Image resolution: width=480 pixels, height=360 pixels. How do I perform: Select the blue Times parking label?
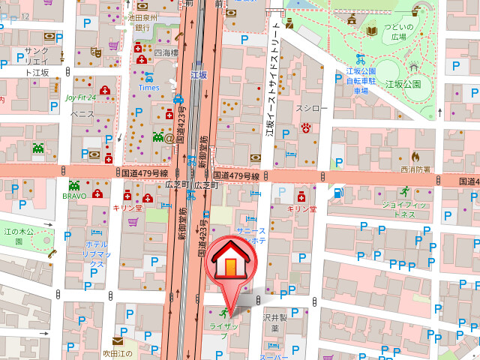point(148,87)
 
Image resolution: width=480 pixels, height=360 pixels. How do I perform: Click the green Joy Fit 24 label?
point(80,97)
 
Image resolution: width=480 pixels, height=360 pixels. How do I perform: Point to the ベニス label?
point(82,114)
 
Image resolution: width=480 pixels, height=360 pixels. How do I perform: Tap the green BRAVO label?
point(74,195)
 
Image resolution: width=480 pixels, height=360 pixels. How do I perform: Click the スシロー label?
point(312,109)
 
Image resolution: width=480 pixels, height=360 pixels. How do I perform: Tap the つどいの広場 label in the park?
point(397,32)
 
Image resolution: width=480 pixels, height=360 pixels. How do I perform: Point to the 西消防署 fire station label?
point(415,169)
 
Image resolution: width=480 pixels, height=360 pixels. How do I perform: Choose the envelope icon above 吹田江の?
point(118,340)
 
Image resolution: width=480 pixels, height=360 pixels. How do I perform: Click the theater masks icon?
point(95,52)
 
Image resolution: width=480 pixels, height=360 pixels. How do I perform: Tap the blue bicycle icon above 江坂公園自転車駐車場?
point(360,58)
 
